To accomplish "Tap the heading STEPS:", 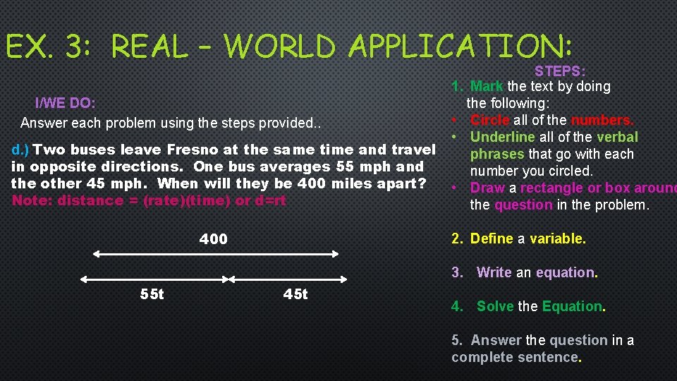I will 560,71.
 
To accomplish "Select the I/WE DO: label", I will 66,103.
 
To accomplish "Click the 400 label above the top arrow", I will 213,239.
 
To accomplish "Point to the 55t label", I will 152,294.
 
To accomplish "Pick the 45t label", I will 295,294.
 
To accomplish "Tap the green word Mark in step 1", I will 487,86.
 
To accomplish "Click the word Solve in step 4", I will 495,306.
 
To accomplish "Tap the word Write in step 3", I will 494,272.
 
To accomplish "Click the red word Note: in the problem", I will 32,200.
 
